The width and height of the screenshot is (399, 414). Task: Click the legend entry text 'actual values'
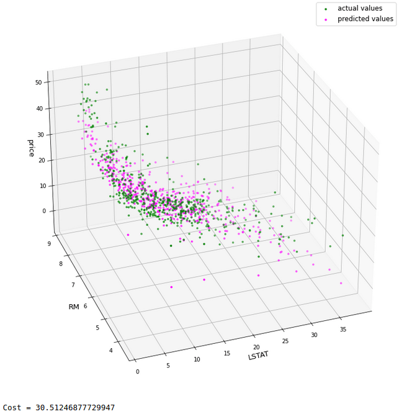click(x=360, y=8)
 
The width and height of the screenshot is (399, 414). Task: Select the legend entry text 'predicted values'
click(x=365, y=19)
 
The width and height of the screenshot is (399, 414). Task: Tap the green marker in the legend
click(x=326, y=9)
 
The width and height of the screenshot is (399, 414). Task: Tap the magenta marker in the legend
click(x=326, y=20)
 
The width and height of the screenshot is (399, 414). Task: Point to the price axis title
click(x=31, y=147)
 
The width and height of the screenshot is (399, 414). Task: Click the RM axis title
click(x=73, y=307)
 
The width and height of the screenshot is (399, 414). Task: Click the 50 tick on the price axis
click(x=38, y=82)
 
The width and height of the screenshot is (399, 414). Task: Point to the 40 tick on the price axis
click(x=38, y=108)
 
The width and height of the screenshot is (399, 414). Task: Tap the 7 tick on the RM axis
click(x=73, y=285)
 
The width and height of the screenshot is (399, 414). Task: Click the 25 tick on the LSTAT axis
click(x=285, y=341)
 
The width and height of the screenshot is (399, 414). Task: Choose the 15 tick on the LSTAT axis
click(x=227, y=353)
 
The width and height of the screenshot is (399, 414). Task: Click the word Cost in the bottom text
click(x=13, y=408)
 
